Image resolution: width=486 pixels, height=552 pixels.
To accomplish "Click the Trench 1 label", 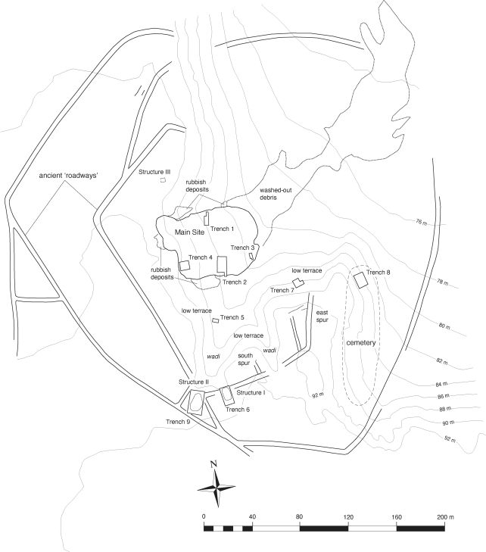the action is pyautogui.click(x=222, y=229).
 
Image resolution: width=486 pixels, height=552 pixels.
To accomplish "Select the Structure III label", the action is pyautogui.click(x=154, y=172).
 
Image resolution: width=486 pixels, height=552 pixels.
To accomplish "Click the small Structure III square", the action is pyautogui.click(x=163, y=180).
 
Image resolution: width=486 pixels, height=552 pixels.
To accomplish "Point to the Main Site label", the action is pyautogui.click(x=190, y=232).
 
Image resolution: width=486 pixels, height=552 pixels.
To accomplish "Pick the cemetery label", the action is pyautogui.click(x=361, y=342).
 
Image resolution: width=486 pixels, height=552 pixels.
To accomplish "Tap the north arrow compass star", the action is pyautogui.click(x=216, y=488).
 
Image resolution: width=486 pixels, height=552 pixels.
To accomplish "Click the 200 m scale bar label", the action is pyautogui.click(x=446, y=517).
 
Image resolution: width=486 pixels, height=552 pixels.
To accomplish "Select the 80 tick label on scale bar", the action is pyautogui.click(x=299, y=517).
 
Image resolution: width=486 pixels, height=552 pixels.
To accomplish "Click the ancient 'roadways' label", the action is pyautogui.click(x=68, y=176).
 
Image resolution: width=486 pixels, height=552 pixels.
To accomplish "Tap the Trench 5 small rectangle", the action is pyautogui.click(x=216, y=320).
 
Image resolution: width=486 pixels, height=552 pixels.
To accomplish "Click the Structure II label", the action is pyautogui.click(x=194, y=382).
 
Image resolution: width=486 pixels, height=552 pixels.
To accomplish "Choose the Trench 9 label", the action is pyautogui.click(x=178, y=422).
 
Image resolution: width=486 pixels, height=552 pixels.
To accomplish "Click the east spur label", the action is pyautogui.click(x=322, y=317).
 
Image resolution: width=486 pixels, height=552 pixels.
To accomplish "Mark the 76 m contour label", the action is pyautogui.click(x=421, y=222).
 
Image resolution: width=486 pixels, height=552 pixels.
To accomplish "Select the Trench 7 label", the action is pyautogui.click(x=282, y=290).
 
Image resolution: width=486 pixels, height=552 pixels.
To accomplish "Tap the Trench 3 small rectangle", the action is pyautogui.click(x=251, y=256).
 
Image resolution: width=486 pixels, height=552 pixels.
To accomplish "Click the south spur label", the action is pyautogui.click(x=245, y=359).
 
